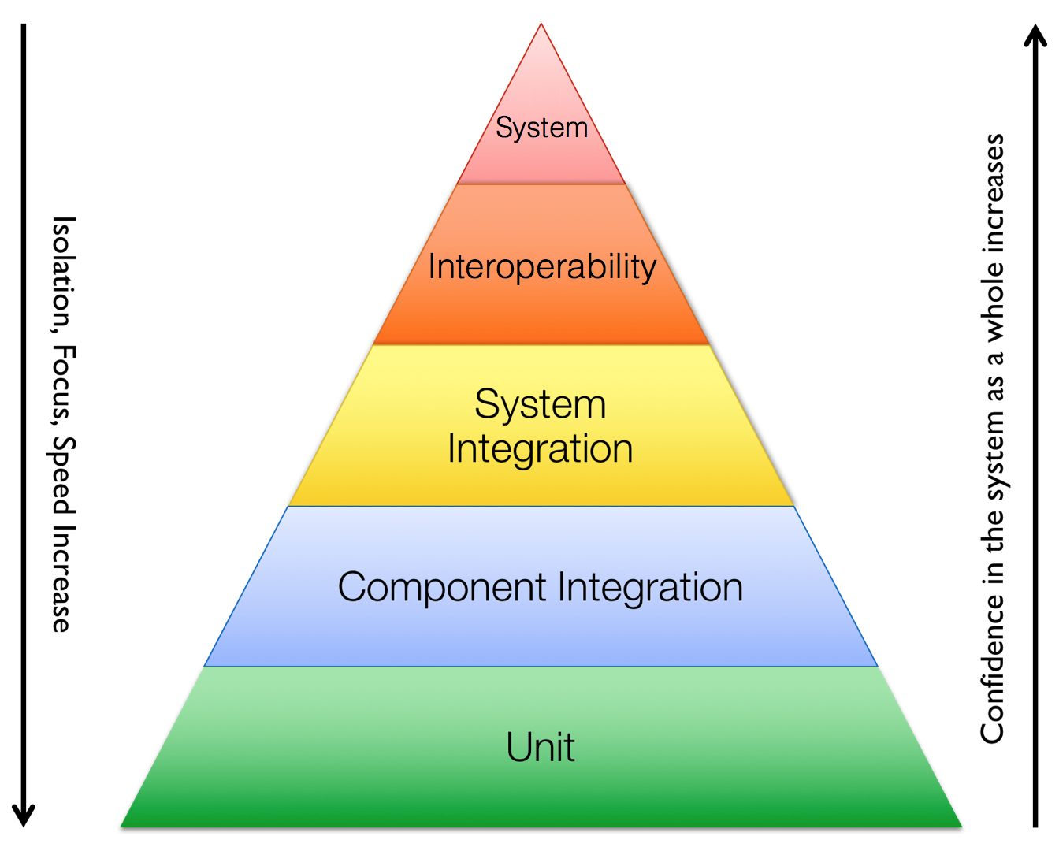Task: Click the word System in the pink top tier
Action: pos(541,128)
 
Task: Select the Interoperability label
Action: pos(542,267)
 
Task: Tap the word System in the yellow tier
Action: pos(541,405)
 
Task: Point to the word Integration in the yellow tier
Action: pos(541,449)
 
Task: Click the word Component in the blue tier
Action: pos(442,588)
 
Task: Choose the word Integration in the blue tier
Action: pos(650,588)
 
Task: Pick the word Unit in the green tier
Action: pos(541,747)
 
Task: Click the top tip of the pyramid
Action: pos(541,25)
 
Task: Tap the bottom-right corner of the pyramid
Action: pos(961,826)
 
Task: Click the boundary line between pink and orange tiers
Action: pos(541,184)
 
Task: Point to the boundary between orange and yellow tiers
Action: pos(541,345)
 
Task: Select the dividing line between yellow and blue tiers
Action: pos(541,506)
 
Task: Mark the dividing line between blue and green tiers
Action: pos(541,667)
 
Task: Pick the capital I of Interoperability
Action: pos(431,266)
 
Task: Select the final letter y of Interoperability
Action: pos(648,269)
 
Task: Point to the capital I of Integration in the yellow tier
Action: pos(451,448)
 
